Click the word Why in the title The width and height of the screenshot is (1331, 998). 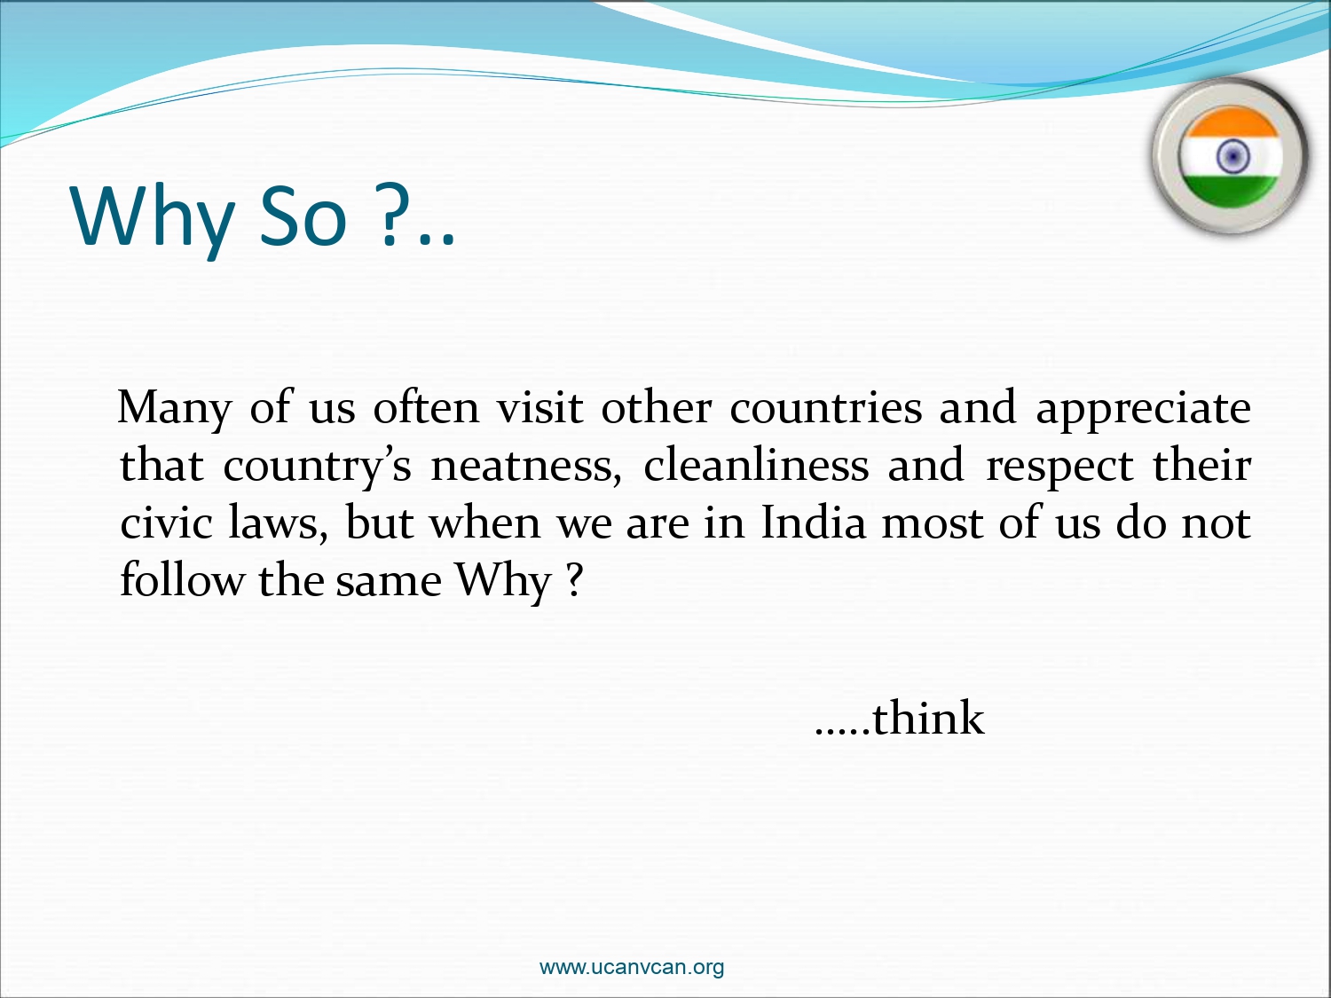[153, 218]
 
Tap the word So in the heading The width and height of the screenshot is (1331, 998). [303, 216]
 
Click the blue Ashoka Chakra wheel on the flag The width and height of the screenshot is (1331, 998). [1233, 156]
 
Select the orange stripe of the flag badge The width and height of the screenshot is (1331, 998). [1231, 122]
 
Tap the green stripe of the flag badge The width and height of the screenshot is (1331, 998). [1231, 190]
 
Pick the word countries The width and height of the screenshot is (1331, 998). [826, 407]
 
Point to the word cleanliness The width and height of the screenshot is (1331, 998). [756, 465]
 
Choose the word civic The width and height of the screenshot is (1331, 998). [166, 523]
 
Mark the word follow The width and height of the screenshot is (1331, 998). [183, 579]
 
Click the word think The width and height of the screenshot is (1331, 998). [928, 718]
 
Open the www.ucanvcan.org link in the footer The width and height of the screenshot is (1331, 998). [632, 966]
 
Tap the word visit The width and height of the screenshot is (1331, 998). [540, 407]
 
